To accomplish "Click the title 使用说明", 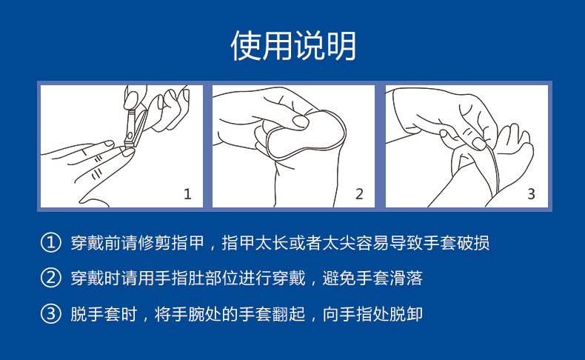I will coord(292,46).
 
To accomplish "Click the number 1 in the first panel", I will coord(187,194).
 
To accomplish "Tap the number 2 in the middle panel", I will coord(359,194).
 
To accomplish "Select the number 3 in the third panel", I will coord(531,194).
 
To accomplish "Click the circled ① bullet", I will coord(50,243).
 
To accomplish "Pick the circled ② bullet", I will coord(50,279).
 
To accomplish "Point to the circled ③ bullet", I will coord(50,314).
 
